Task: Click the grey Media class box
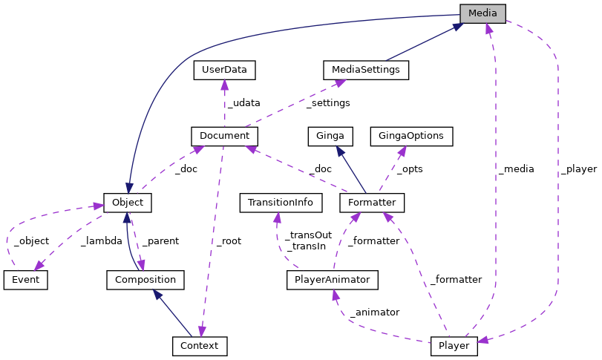click(482, 13)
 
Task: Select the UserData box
click(224, 70)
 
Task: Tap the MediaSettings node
click(366, 70)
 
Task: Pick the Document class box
click(224, 136)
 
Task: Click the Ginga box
click(330, 136)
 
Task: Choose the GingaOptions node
click(411, 136)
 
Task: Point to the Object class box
click(128, 202)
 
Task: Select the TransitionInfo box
click(281, 202)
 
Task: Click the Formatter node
click(372, 202)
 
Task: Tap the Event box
click(25, 280)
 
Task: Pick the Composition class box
click(145, 280)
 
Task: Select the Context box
click(199, 346)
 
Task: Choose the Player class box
click(454, 346)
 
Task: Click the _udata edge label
click(243, 103)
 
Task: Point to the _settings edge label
click(328, 103)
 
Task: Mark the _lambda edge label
click(102, 240)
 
